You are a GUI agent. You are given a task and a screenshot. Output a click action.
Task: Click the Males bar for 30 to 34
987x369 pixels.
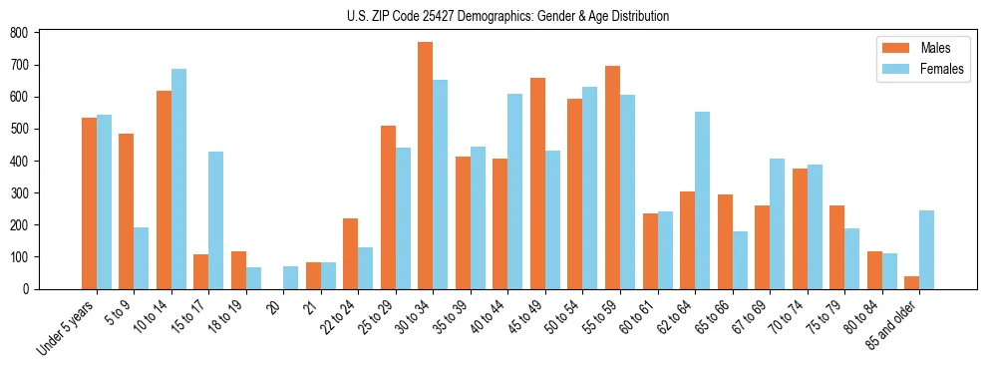tap(426, 166)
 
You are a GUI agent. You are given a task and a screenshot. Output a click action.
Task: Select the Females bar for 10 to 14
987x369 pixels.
tap(178, 180)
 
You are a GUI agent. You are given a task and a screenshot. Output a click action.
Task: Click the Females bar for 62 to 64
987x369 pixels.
tap(702, 200)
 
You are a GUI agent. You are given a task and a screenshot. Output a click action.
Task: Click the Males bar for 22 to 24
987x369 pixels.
tap(351, 253)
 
